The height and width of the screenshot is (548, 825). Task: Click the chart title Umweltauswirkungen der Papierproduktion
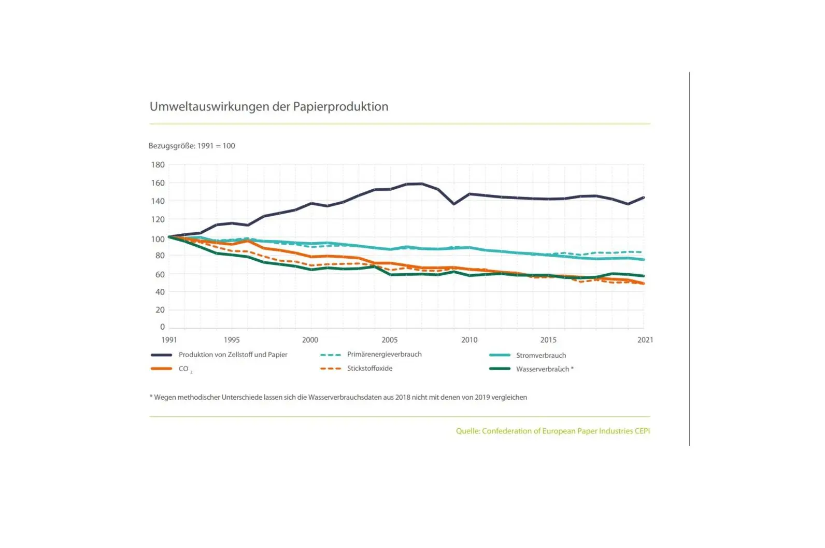click(x=269, y=107)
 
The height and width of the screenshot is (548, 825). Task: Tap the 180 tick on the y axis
click(x=158, y=165)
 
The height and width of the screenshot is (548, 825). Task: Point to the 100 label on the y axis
click(x=158, y=239)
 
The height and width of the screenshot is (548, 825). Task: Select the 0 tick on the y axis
click(x=162, y=327)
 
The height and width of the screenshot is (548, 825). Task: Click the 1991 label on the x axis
click(x=169, y=340)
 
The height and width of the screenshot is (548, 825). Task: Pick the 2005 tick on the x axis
click(x=390, y=340)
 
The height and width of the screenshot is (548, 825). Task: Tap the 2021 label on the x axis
click(x=645, y=340)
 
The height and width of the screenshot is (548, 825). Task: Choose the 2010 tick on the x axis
click(x=470, y=340)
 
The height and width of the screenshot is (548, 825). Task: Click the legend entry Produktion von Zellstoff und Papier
click(x=233, y=355)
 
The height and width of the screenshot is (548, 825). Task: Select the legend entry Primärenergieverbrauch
click(x=384, y=355)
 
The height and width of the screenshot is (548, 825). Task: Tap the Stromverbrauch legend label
click(x=541, y=356)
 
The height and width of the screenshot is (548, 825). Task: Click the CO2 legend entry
click(x=184, y=369)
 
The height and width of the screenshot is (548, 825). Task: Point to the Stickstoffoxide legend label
click(x=369, y=369)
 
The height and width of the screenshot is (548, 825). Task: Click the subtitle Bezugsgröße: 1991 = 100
click(x=192, y=146)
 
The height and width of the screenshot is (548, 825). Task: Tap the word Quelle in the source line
click(x=467, y=431)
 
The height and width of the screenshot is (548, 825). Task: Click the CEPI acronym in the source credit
click(x=642, y=431)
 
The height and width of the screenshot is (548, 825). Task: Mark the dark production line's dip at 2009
click(x=454, y=204)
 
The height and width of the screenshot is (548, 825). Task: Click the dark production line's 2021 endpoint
click(x=644, y=198)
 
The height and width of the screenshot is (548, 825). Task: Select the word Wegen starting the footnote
click(x=166, y=398)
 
